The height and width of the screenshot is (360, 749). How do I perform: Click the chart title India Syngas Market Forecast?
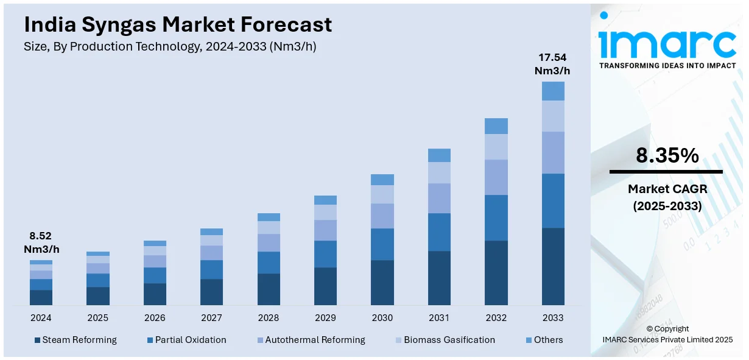click(178, 24)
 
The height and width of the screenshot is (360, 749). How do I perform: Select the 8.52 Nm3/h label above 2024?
click(41, 242)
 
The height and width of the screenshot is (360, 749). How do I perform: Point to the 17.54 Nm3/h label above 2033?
click(552, 64)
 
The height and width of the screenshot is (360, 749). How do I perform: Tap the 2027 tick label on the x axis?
click(211, 318)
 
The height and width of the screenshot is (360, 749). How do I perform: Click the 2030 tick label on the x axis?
click(382, 318)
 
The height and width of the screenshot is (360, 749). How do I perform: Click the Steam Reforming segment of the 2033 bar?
click(553, 266)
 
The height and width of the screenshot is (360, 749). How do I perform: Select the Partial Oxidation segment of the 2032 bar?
click(496, 217)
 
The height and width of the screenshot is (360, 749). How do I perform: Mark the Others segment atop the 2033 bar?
click(553, 91)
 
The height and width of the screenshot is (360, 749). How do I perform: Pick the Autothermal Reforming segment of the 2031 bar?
click(439, 198)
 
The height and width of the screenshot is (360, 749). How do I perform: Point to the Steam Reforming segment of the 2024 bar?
click(41, 297)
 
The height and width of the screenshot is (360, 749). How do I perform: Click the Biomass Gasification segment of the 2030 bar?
click(382, 194)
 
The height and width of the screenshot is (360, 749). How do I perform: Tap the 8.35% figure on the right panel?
click(667, 156)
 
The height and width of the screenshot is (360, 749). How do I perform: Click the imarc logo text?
click(667, 43)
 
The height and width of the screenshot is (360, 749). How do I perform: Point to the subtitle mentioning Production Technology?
click(170, 46)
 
